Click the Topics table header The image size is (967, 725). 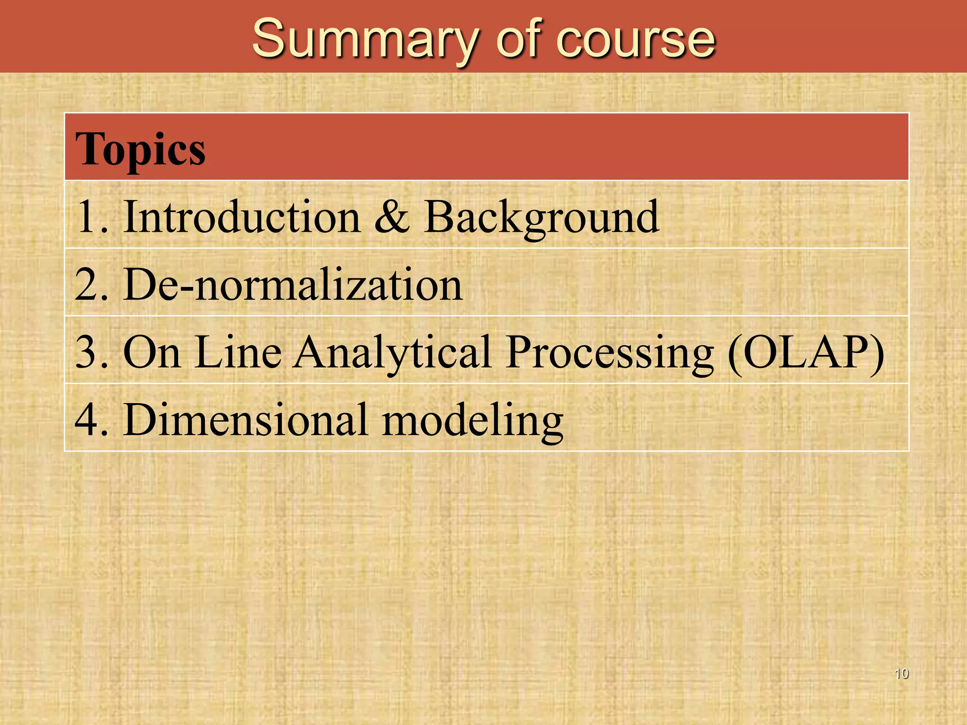140,149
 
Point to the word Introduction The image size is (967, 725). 242,217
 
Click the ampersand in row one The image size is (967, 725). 391,217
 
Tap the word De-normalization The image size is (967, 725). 293,284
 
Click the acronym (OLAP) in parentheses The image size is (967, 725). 806,352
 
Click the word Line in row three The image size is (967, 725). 238,352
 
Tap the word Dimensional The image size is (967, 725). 246,420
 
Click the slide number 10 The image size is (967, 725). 901,674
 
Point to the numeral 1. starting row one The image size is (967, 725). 91,217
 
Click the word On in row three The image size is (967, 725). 152,352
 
